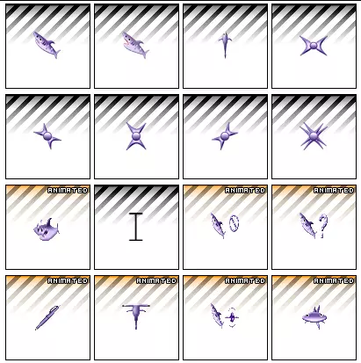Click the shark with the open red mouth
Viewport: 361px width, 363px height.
point(135,45)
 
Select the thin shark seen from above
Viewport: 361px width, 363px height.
point(225,45)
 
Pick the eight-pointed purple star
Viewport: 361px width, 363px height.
point(314,135)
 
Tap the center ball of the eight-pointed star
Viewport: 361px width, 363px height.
point(314,135)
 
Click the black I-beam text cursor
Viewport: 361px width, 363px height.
point(136,227)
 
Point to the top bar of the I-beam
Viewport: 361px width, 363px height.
point(136,214)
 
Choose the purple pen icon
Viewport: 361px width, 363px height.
point(47,317)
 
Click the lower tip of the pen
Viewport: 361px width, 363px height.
point(36,330)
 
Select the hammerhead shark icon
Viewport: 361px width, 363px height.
point(136,316)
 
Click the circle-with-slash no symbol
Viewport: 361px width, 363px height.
point(235,223)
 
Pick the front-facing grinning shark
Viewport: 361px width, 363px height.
point(47,229)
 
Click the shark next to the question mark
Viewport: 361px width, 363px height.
point(307,225)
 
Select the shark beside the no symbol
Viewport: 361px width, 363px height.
point(218,225)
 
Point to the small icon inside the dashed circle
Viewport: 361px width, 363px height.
point(232,317)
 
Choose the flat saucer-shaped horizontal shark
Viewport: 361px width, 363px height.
point(314,317)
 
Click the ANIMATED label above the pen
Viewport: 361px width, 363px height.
point(68,281)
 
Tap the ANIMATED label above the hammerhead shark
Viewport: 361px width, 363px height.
point(156,281)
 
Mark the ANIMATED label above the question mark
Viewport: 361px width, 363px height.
point(334,191)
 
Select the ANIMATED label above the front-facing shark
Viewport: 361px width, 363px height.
point(68,191)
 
